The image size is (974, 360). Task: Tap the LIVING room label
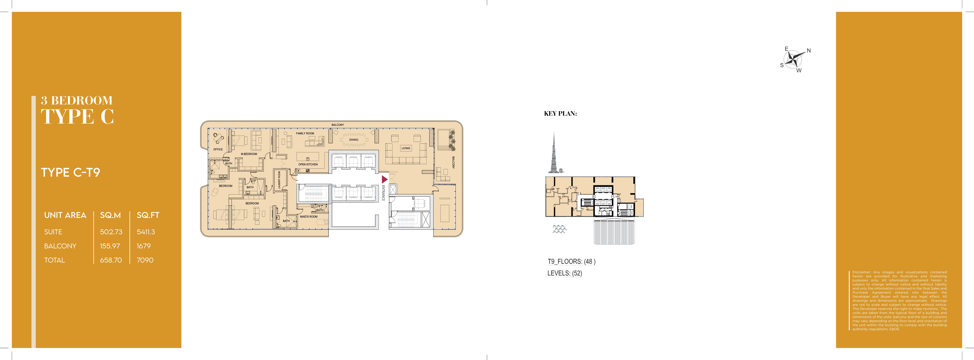(x=406, y=148)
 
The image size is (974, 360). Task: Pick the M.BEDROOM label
(x=249, y=154)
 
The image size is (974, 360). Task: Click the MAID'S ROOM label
(x=309, y=217)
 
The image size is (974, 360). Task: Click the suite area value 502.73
(x=111, y=232)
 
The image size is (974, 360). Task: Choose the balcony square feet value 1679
(x=144, y=246)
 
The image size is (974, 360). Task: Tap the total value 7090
(x=145, y=260)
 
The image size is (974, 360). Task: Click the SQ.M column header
(x=110, y=215)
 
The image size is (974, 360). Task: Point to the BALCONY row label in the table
(x=60, y=246)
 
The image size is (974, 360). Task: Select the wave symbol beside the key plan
(x=560, y=229)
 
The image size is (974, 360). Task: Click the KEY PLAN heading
(x=560, y=113)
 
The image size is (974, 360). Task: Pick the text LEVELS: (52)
(x=565, y=273)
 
